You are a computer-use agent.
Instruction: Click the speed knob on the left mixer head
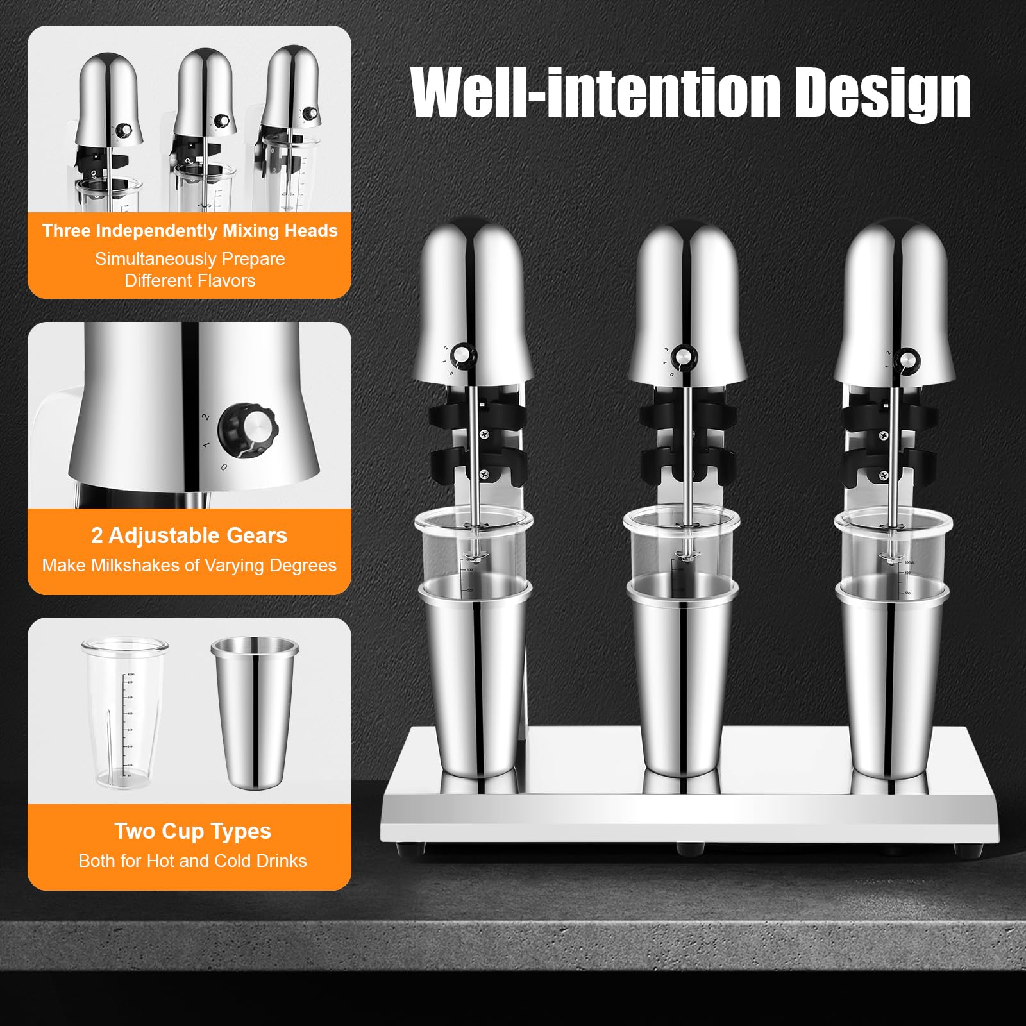(x=464, y=355)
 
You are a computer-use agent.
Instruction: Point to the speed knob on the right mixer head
(x=907, y=360)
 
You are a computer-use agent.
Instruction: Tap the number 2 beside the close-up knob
(x=206, y=417)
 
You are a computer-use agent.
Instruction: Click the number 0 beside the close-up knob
(x=224, y=467)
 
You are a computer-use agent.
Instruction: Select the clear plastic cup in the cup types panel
(x=125, y=712)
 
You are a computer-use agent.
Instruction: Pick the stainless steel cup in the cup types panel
(x=255, y=712)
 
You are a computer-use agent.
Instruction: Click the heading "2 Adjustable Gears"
(x=189, y=535)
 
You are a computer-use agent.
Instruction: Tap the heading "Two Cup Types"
(x=193, y=831)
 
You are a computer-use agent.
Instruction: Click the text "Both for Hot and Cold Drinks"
(x=192, y=861)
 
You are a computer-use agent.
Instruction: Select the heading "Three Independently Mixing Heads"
(x=190, y=231)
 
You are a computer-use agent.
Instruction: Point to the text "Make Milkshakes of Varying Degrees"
(x=189, y=566)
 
